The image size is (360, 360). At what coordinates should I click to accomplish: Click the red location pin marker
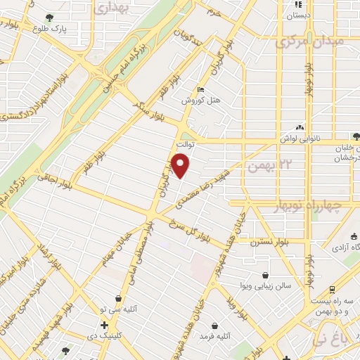click(x=181, y=166)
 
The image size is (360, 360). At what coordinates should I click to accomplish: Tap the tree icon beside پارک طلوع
click(x=49, y=18)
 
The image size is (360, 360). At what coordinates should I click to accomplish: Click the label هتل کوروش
click(x=202, y=101)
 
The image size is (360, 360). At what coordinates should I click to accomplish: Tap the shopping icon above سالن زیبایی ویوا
click(x=265, y=275)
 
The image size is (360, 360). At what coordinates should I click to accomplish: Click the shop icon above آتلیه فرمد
click(x=224, y=326)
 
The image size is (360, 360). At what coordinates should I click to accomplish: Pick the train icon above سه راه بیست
click(x=331, y=289)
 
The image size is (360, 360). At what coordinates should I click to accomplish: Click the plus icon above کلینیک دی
click(x=105, y=325)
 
